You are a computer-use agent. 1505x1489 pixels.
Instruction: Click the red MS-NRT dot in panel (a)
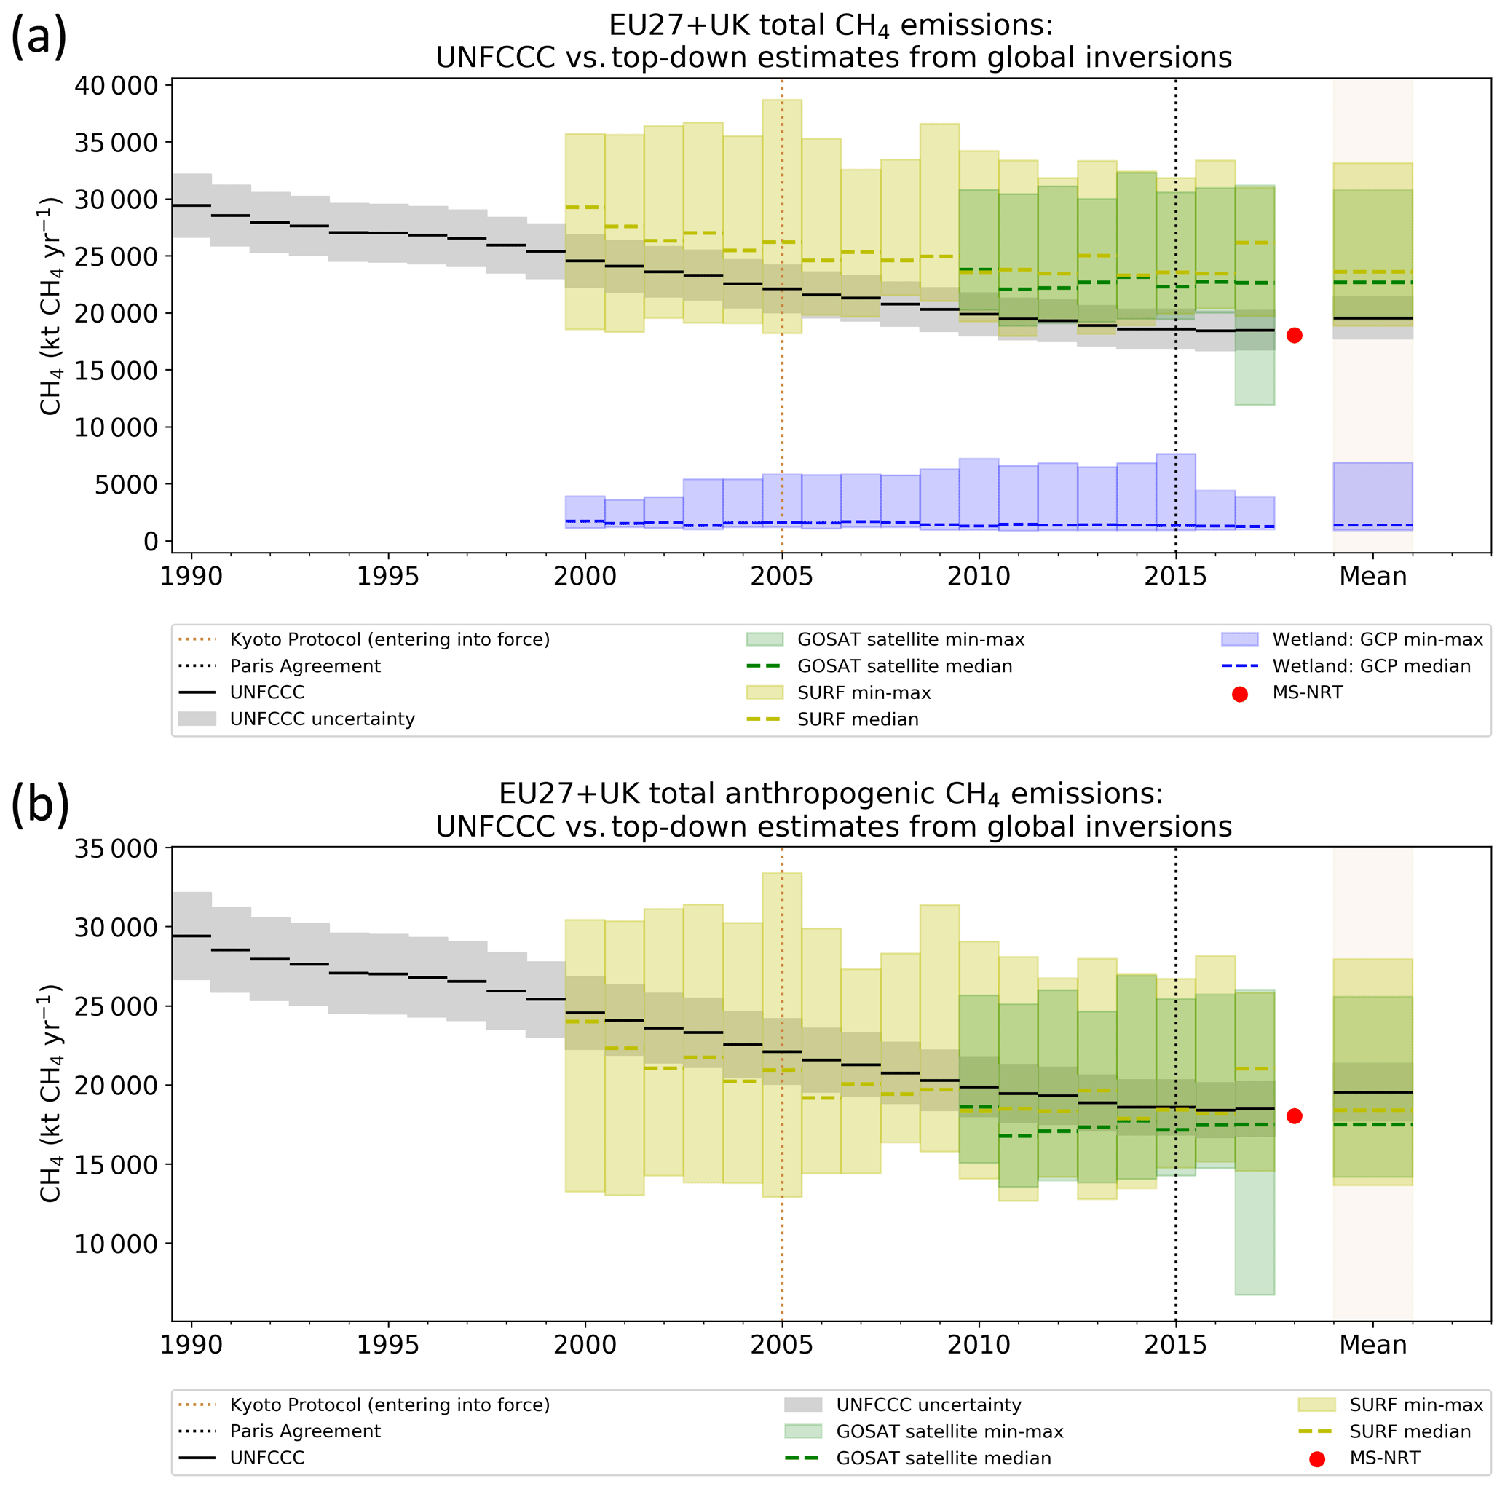click(x=1294, y=335)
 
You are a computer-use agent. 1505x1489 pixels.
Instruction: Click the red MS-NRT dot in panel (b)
click(x=1294, y=1115)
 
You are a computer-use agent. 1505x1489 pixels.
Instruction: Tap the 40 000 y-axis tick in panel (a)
click(x=116, y=86)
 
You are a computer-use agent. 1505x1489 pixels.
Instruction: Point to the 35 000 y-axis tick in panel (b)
click(x=116, y=848)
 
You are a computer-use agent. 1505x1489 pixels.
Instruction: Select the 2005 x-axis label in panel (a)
click(x=781, y=577)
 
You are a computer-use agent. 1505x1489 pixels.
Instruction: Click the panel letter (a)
click(x=38, y=36)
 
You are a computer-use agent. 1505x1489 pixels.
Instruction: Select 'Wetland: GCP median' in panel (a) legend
click(x=1371, y=666)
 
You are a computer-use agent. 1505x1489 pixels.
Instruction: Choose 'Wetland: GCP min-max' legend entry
click(x=1378, y=640)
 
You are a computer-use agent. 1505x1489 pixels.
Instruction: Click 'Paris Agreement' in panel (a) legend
click(x=304, y=666)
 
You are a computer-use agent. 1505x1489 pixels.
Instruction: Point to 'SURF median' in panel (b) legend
click(x=1410, y=1431)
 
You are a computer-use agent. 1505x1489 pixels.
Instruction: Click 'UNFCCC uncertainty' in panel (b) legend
click(x=928, y=1405)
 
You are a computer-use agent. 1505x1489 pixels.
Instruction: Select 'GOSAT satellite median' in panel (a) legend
click(x=904, y=666)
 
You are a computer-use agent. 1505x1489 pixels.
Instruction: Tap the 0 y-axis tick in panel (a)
click(x=150, y=542)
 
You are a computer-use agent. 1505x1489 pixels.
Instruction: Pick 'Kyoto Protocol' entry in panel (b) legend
click(x=390, y=1405)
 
